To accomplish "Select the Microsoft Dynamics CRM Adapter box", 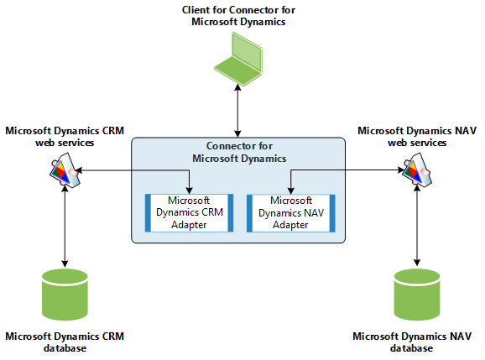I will (190, 212).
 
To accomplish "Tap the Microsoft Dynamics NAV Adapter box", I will (290, 212).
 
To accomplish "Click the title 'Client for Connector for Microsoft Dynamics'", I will (239, 16).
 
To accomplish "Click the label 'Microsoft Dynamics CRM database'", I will (65, 342).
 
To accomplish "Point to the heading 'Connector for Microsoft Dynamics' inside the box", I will (240, 152).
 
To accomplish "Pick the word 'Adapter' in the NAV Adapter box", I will (290, 224).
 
